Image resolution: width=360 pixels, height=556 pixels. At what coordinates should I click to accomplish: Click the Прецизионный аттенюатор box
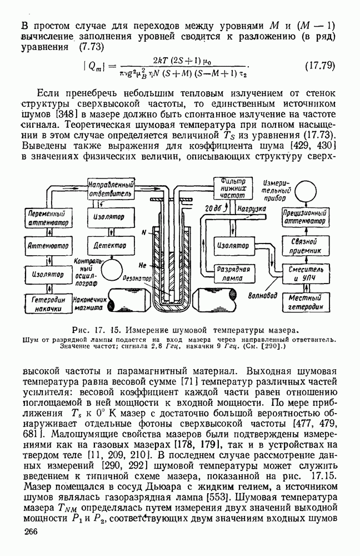304,218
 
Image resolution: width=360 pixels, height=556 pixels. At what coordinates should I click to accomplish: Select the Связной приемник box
304,246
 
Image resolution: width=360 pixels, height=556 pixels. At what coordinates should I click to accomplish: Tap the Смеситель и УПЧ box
304,274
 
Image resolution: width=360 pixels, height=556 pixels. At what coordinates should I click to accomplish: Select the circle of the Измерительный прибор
304,190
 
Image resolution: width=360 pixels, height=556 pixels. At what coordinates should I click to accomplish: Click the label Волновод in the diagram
263,296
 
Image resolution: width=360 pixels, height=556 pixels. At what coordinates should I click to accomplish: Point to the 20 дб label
213,209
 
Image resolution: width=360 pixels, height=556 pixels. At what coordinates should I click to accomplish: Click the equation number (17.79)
320,66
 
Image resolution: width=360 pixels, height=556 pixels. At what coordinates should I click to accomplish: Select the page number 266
34,533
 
